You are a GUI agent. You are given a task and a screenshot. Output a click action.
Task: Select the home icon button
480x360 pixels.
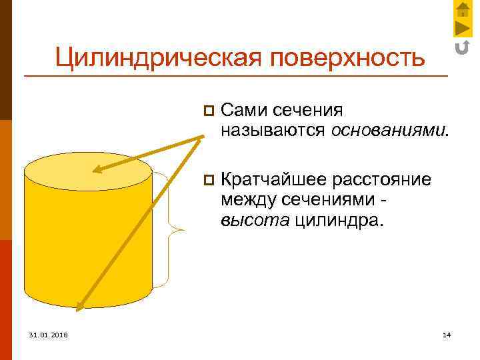point(463,9)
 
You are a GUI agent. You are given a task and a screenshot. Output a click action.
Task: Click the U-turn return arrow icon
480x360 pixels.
point(463,47)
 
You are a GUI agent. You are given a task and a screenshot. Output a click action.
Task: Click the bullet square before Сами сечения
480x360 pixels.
point(208,109)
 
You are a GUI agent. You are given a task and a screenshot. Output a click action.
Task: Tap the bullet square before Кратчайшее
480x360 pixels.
point(208,181)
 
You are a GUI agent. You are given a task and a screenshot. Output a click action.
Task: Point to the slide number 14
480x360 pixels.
point(446,334)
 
